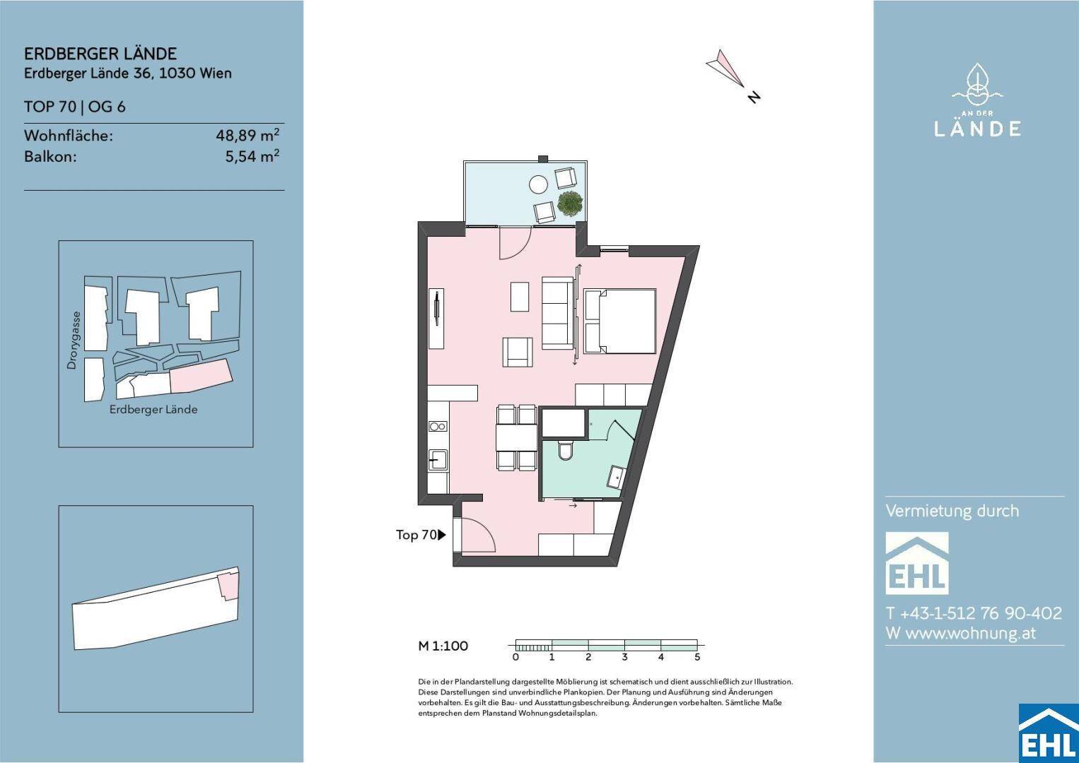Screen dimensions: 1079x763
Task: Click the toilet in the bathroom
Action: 565,449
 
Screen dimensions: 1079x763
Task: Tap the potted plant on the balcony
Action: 570,203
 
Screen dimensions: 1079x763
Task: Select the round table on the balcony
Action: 538,184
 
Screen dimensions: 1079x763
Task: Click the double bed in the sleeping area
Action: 620,321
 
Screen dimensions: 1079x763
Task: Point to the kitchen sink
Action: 438,459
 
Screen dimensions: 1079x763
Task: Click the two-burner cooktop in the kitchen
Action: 438,427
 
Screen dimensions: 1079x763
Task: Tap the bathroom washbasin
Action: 616,477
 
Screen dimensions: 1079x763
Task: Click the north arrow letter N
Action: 754,97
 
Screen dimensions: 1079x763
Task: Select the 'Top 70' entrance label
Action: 416,535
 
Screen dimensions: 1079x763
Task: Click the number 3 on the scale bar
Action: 624,657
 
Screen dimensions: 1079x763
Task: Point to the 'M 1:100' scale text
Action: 443,646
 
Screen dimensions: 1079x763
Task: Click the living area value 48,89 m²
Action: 247,135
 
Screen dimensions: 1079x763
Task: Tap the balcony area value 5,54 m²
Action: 252,156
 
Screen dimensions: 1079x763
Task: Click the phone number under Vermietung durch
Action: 974,613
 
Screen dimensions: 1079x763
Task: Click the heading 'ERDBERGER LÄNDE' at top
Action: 100,54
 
